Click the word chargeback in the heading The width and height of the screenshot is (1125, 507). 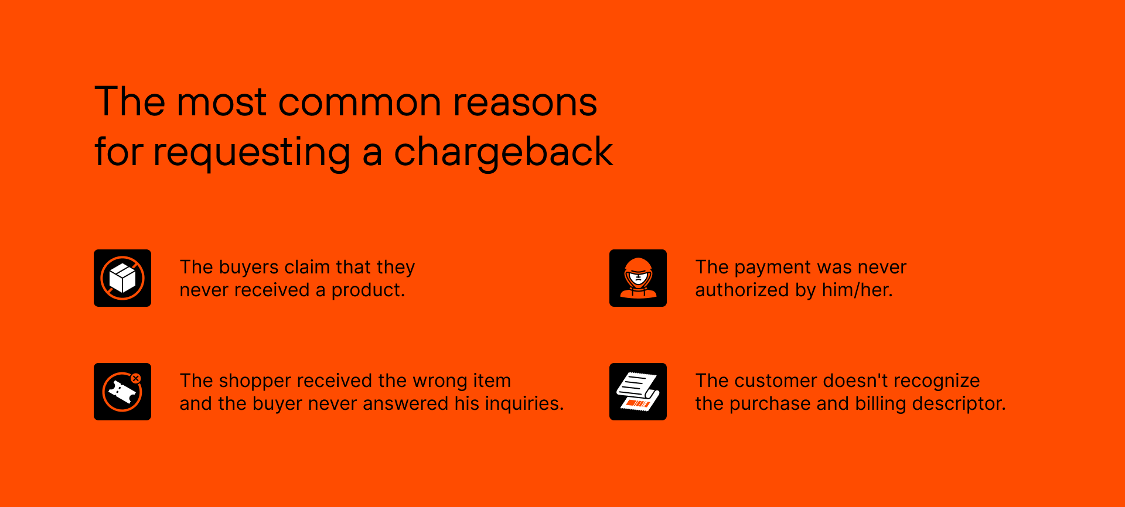click(503, 152)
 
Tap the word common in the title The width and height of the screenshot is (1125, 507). click(359, 102)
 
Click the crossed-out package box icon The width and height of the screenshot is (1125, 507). click(122, 278)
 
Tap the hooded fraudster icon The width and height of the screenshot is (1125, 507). click(638, 278)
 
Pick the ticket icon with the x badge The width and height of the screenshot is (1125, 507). click(122, 392)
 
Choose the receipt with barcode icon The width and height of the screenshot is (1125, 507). click(638, 392)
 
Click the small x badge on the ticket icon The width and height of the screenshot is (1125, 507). click(136, 379)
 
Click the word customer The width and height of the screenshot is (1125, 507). click(776, 381)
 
